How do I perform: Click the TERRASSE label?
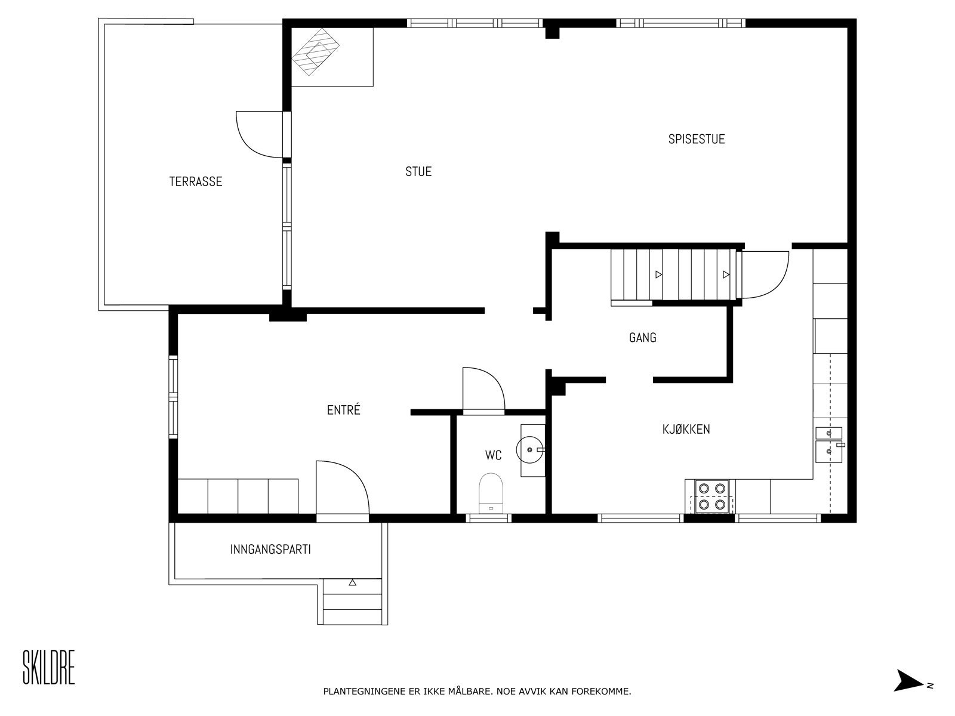(x=196, y=181)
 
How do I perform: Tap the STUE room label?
(x=418, y=171)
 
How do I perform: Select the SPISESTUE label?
(x=697, y=138)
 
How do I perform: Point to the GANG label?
(x=643, y=337)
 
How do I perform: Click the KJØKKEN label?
(x=686, y=429)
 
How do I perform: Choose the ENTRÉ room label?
(x=344, y=409)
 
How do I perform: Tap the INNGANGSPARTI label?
(x=270, y=549)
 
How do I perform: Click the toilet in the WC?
(x=491, y=493)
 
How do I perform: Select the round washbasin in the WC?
(x=529, y=449)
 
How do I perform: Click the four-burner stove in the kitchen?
(x=712, y=496)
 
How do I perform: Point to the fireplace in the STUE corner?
(x=315, y=52)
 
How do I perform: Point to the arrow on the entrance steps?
(x=352, y=582)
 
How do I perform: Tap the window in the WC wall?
(x=489, y=518)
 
